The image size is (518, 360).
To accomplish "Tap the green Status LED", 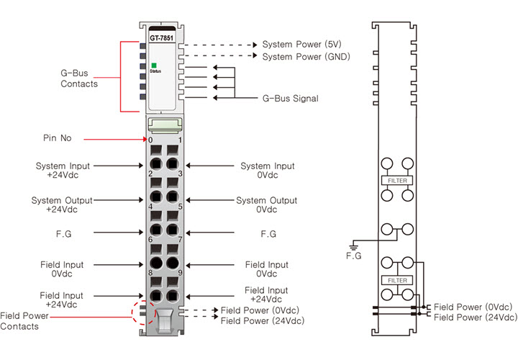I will coord(154,66).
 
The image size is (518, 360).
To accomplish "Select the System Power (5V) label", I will coord(301,44).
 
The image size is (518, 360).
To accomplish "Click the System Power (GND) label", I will coord(306,56).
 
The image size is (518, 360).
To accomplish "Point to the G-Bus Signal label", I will coord(290,98).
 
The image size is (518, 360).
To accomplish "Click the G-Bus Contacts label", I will coord(79,78).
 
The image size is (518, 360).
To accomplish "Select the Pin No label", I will coord(57,138).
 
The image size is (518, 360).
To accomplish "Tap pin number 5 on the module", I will coord(180,207).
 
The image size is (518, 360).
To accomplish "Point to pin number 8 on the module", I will coord(150,273).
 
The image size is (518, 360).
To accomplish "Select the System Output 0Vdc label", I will coord(265,204).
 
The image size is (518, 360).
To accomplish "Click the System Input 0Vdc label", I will coord(267,171).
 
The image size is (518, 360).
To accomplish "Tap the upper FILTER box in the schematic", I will coord(397,179).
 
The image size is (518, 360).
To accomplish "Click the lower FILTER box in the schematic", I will coord(397,280).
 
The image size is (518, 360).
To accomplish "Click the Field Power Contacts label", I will coord(24,321).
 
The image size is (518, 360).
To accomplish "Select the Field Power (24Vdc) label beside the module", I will coord(260,321).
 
